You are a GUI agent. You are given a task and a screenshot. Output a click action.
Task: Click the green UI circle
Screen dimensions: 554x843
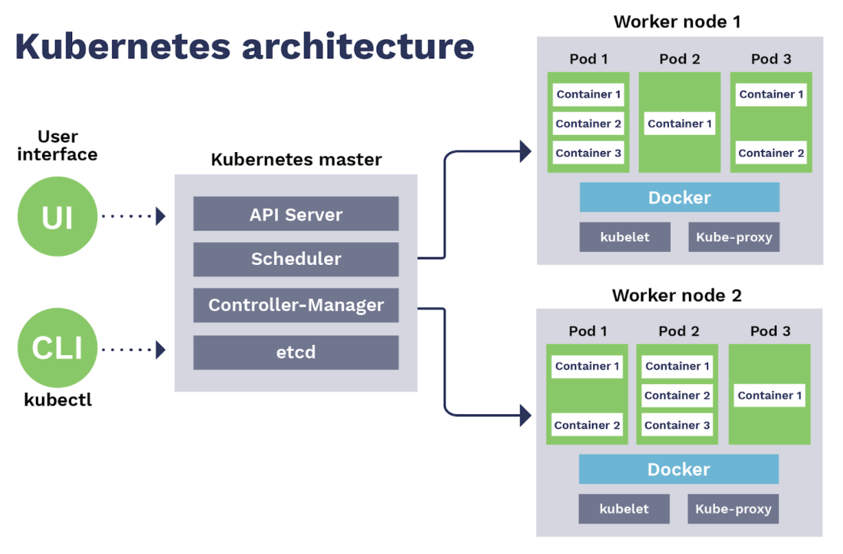click(x=58, y=216)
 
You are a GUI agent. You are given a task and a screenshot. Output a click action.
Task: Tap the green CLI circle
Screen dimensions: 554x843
click(x=58, y=348)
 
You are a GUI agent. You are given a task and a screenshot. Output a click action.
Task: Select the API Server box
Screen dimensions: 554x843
click(x=296, y=214)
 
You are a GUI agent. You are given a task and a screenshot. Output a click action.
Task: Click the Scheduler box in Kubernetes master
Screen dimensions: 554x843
click(x=296, y=259)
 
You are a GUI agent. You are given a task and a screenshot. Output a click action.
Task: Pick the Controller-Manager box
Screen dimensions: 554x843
click(x=296, y=305)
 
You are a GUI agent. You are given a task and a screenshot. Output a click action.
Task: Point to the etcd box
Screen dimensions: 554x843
click(x=296, y=352)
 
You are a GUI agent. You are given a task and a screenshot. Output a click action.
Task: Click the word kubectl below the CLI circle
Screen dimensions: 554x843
click(x=58, y=399)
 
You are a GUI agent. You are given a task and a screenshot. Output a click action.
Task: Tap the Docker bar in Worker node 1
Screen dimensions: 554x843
click(x=679, y=198)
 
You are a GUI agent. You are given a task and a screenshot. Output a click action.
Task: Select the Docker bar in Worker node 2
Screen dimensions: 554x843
click(x=679, y=469)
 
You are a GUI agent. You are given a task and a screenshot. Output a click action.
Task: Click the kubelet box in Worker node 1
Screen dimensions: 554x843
click(x=625, y=237)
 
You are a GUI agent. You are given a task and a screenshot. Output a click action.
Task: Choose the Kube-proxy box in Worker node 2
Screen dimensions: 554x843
click(x=733, y=509)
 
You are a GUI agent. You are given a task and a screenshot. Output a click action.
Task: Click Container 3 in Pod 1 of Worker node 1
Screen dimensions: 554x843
click(x=588, y=153)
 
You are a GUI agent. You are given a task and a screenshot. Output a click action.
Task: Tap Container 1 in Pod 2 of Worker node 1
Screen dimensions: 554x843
click(x=680, y=124)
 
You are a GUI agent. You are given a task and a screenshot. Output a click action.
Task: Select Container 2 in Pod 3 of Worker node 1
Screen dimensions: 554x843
click(x=771, y=153)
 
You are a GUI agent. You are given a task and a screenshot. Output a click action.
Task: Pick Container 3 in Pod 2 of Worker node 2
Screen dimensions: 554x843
click(x=677, y=425)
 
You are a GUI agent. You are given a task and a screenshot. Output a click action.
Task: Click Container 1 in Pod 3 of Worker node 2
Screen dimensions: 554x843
click(x=769, y=396)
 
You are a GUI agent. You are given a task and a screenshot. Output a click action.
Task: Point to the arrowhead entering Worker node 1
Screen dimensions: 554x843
click(x=526, y=151)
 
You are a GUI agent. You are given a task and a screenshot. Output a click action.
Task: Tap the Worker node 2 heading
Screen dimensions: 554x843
click(x=677, y=296)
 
